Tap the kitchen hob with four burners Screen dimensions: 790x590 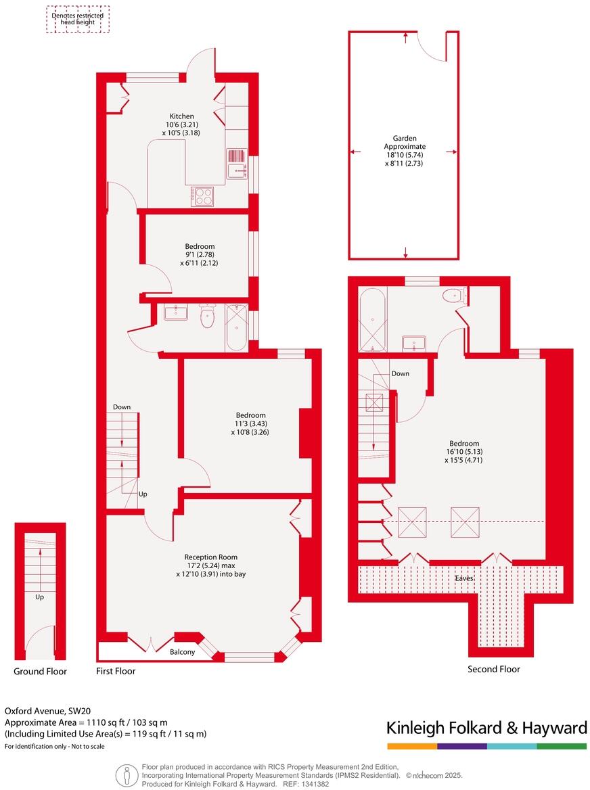pos(202,195)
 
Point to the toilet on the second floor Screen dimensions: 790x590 pos(452,296)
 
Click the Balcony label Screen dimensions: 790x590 pos(182,652)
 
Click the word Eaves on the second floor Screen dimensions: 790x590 pos(463,579)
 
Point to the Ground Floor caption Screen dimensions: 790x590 pos(41,672)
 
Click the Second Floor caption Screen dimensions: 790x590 pos(494,669)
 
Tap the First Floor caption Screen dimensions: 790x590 pos(116,672)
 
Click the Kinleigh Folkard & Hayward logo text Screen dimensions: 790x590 pos(486,728)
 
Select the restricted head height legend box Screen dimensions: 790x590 pos(77,19)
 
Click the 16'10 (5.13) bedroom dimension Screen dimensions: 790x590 pos(464,452)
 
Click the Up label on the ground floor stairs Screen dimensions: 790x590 pos(41,597)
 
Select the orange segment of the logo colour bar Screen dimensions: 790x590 pos(412,746)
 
